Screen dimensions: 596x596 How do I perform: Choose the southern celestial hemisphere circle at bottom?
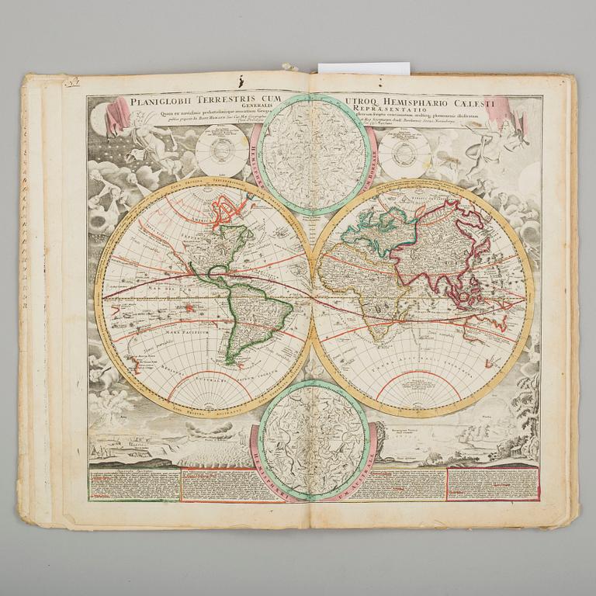pos(314,440)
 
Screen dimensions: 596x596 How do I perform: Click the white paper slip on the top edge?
pos(363,68)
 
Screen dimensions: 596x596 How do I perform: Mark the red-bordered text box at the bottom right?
pos(492,483)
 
